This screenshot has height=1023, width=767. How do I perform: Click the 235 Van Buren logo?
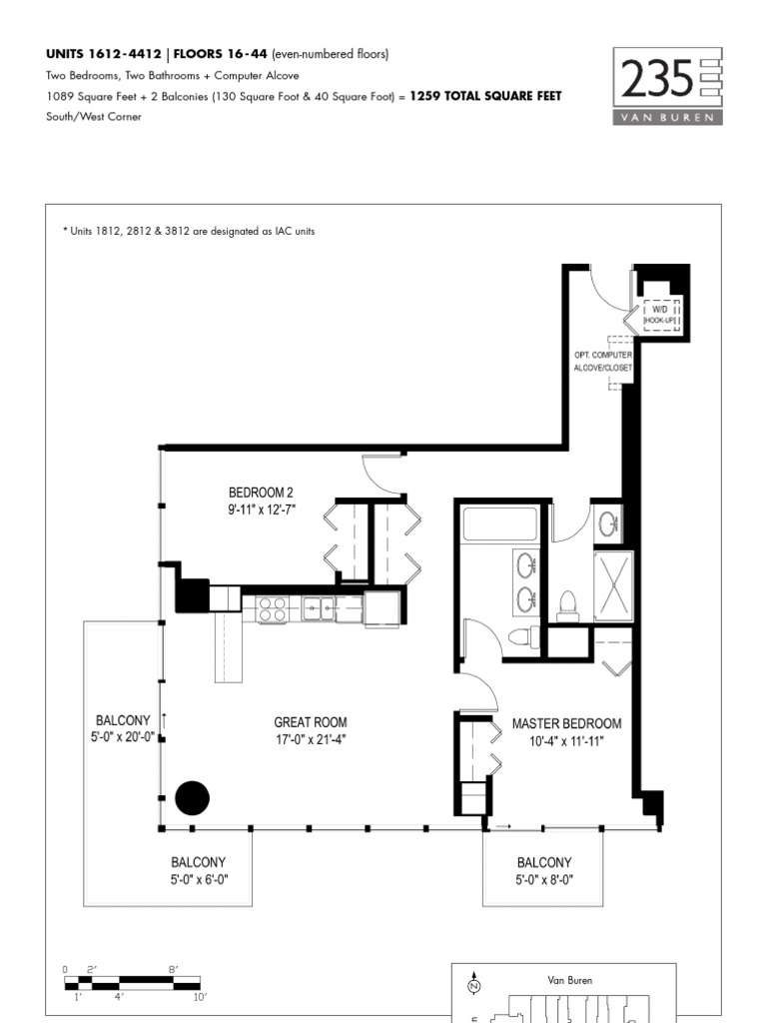(667, 86)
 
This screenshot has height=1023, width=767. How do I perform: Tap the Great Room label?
(310, 730)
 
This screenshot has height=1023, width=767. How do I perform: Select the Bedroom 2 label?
(262, 501)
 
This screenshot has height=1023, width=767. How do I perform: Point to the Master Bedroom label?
(566, 732)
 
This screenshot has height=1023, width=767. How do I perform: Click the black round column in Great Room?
(193, 797)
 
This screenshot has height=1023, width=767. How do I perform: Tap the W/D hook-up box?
(660, 315)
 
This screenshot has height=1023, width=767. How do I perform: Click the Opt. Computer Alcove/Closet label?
(602, 361)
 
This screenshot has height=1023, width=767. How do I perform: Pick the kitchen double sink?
(318, 608)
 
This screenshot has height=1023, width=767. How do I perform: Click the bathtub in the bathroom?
(500, 523)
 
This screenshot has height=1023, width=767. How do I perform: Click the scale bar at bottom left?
(133, 983)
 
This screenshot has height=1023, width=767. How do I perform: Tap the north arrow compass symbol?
(474, 984)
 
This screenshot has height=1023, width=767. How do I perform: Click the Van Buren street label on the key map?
(570, 980)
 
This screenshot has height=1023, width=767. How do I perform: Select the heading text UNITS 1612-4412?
(103, 54)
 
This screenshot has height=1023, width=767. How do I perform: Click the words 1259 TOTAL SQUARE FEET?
(485, 96)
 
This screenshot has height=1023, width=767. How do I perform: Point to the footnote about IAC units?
(189, 231)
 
